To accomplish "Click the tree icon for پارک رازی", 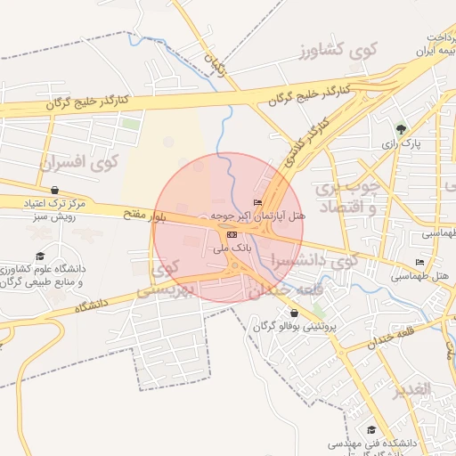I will tap(400, 128).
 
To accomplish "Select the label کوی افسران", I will tap(78, 163).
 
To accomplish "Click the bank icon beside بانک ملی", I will tap(232, 234).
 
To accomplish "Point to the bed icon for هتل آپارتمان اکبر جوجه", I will tap(258, 202).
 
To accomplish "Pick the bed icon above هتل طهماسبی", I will tap(419, 263).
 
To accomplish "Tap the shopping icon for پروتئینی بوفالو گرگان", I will tap(295, 313).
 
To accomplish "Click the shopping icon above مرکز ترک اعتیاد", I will tap(55, 190).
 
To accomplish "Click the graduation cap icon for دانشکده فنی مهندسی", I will tap(371, 430).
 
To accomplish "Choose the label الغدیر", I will tap(411, 388).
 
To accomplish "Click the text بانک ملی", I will tap(235, 250).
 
